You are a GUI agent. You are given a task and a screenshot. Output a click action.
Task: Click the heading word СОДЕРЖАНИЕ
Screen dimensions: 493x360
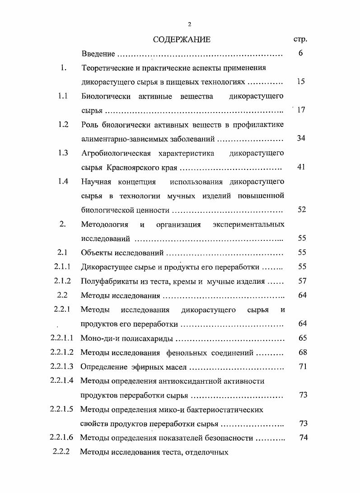[x=181, y=39]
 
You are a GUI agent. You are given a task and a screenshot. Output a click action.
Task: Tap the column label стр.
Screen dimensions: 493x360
[x=300, y=40]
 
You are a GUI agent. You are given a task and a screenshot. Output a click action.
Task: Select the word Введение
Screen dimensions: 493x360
[x=98, y=54]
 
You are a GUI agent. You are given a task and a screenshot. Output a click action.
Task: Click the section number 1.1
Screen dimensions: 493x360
[x=63, y=96]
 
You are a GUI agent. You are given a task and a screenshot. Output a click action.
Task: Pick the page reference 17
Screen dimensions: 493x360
[x=301, y=110]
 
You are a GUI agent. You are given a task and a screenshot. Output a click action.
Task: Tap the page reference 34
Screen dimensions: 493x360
[x=301, y=138]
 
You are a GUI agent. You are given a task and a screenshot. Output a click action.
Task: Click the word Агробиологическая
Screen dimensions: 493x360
[x=116, y=153]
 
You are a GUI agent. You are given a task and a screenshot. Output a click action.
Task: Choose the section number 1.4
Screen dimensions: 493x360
[x=63, y=181]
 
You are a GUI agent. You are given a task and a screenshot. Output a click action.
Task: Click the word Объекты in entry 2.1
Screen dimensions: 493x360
[x=96, y=253]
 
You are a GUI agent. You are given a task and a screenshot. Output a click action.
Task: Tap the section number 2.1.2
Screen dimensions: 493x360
[x=63, y=281]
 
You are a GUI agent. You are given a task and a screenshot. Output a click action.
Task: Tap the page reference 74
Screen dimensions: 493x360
[x=303, y=437]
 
